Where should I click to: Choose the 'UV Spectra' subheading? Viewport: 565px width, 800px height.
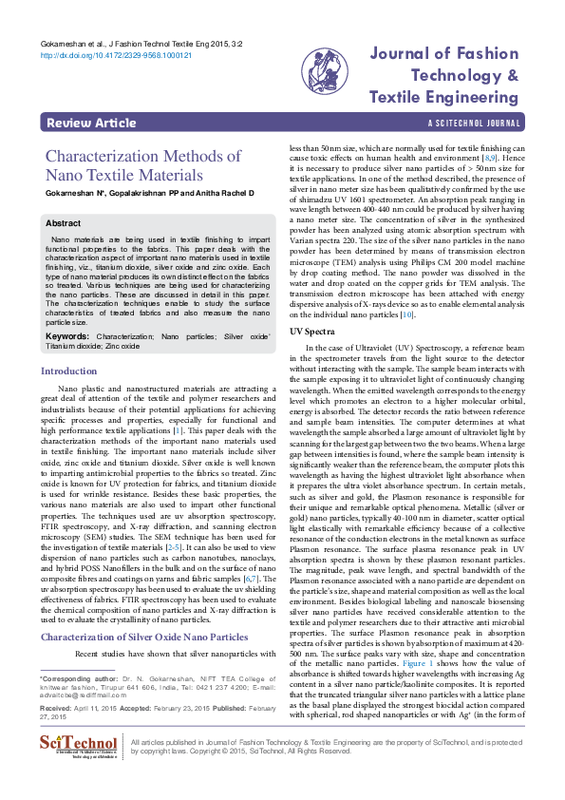tap(312, 332)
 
